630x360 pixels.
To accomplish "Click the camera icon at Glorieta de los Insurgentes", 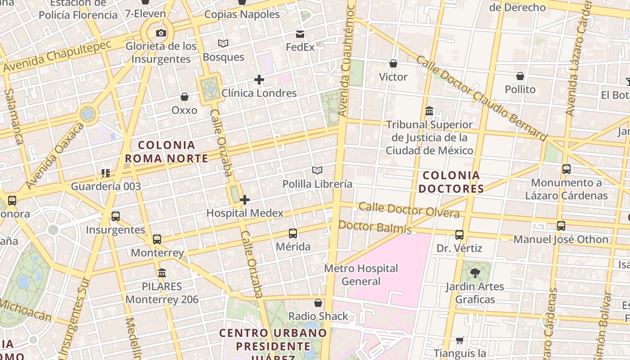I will click(161, 33).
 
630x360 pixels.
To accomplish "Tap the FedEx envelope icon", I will click(300, 34).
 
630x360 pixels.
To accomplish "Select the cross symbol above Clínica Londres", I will click(259, 80).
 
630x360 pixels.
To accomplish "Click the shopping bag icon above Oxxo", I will click(184, 97).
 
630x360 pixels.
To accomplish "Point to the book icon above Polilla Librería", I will click(317, 170).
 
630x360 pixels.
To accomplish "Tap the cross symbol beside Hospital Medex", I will click(245, 200).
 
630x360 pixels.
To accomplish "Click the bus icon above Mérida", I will click(293, 233).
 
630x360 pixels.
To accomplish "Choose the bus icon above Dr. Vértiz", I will click(459, 235).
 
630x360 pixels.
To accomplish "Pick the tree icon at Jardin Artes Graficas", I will click(475, 273).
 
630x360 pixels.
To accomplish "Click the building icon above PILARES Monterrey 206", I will click(162, 273).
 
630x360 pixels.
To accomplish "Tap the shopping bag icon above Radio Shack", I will click(318, 303).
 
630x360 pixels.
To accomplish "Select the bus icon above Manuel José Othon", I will click(561, 226).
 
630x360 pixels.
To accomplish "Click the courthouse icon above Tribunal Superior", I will click(429, 111).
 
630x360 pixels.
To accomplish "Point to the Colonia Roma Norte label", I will click(166, 152).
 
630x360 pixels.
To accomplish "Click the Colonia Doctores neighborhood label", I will click(451, 182).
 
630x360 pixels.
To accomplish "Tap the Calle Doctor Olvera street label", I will click(409, 210).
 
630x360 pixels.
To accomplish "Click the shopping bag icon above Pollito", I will click(520, 76).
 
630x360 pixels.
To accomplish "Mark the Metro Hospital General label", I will click(361, 275).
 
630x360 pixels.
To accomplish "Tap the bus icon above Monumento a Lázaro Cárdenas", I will click(567, 169).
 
